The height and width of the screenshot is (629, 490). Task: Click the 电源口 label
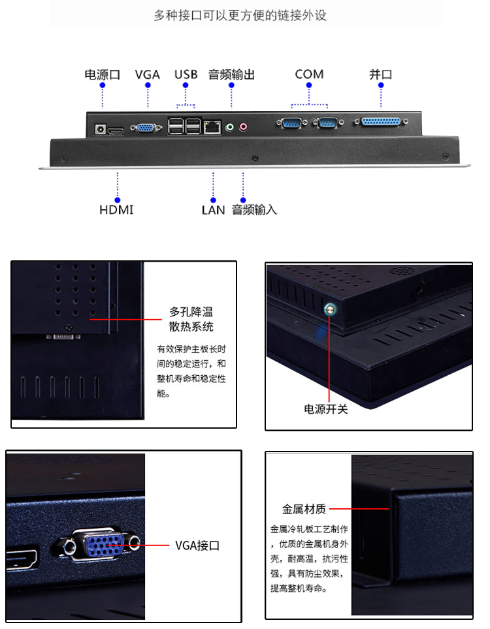click(x=103, y=74)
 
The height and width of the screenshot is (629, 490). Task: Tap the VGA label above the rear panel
click(x=148, y=74)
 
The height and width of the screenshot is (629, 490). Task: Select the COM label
click(x=309, y=74)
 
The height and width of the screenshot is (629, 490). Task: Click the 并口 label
click(x=381, y=74)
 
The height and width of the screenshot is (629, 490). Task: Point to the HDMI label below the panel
click(x=116, y=210)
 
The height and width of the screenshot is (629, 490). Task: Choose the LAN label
click(x=213, y=210)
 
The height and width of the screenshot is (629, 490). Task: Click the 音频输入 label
click(x=254, y=210)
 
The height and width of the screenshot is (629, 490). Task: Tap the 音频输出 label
click(x=231, y=74)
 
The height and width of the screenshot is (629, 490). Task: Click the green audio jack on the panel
click(x=230, y=127)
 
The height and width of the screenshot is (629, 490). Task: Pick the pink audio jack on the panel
click(x=243, y=127)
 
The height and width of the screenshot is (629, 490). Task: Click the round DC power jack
click(x=100, y=129)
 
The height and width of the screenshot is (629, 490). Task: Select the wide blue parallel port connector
click(x=381, y=121)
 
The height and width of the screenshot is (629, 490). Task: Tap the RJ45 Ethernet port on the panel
click(x=212, y=127)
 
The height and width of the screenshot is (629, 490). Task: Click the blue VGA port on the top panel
click(x=146, y=128)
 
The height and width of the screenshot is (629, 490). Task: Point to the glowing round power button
click(x=330, y=309)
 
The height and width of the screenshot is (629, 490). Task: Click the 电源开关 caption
click(x=326, y=408)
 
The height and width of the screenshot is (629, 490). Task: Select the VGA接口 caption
click(x=197, y=545)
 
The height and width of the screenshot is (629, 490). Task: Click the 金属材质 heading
click(x=304, y=509)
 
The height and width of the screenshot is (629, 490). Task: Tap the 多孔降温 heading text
click(x=191, y=312)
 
